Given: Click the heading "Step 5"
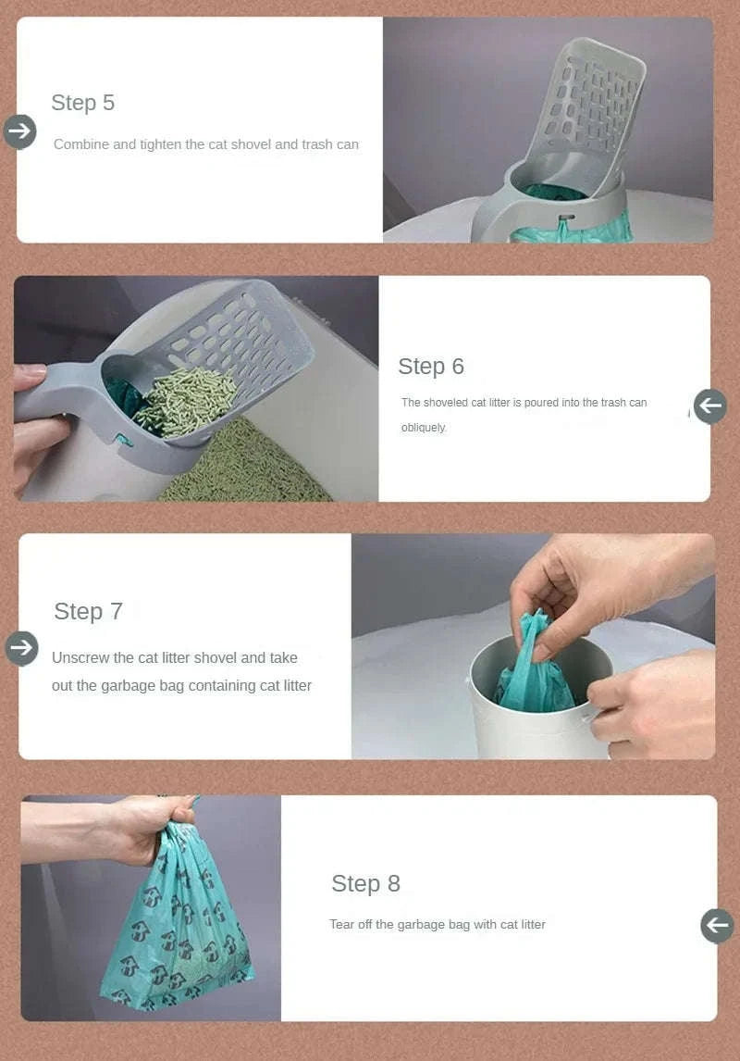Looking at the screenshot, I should pos(82,103).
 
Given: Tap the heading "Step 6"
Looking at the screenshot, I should pos(430,367).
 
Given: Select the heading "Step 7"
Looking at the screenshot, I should pos(88,612).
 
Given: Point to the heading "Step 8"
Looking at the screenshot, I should pos(365,884).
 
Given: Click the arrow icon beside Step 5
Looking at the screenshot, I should pos(19,131).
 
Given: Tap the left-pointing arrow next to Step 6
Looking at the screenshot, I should pos(710,406).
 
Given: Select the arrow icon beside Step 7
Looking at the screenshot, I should pos(21,648).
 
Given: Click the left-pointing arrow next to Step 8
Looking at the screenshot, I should pos(717,925).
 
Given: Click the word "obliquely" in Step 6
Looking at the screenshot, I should pos(423,428).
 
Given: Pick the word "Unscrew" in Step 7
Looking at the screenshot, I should pos(80,658).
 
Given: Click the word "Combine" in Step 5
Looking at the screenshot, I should pos(81,144).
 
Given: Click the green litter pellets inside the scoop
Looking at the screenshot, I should pos(185,403).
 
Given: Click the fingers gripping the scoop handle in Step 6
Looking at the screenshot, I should pos(35,435).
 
